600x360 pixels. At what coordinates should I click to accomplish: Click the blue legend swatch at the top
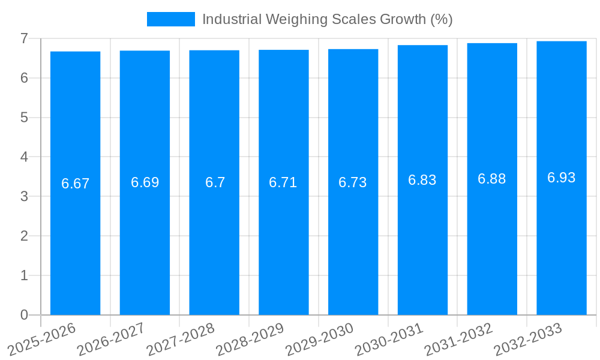(x=171, y=19)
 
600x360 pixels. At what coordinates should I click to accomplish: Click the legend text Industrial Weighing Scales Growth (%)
(x=327, y=19)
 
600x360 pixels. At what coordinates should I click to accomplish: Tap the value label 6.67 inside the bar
(x=75, y=184)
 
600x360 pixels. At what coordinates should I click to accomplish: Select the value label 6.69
(x=145, y=182)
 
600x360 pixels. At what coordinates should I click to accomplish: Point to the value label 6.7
(x=215, y=182)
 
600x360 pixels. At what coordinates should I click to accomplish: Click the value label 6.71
(x=283, y=182)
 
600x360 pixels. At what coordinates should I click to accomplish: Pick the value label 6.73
(x=353, y=182)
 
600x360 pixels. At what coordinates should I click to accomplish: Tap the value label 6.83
(x=422, y=180)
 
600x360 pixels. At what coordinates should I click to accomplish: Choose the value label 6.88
(x=492, y=179)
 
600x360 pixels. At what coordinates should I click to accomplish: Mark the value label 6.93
(x=562, y=178)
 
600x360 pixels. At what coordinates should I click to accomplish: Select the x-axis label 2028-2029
(x=251, y=338)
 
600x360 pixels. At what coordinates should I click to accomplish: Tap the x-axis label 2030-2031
(x=390, y=338)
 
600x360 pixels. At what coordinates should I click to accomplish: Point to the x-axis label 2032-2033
(x=529, y=338)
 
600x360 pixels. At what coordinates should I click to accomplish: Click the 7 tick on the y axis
(x=24, y=38)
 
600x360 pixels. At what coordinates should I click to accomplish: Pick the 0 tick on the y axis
(x=24, y=315)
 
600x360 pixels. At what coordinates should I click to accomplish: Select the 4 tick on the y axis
(x=24, y=157)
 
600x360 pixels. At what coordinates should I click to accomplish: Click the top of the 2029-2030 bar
(x=353, y=49)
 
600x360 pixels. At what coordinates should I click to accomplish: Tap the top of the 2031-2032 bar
(x=492, y=43)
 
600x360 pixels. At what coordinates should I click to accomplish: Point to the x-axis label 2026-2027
(x=112, y=338)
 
